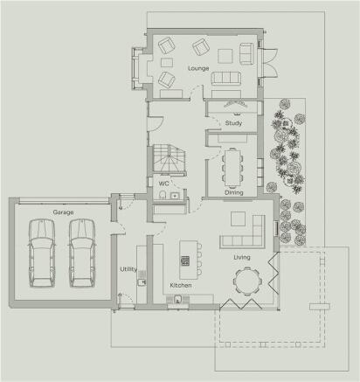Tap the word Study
click(x=233, y=123)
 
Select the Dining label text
click(x=233, y=192)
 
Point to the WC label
click(x=163, y=184)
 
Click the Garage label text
click(x=62, y=212)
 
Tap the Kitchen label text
click(x=181, y=286)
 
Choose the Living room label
click(x=242, y=258)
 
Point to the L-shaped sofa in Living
click(x=246, y=233)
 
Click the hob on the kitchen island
click(x=185, y=260)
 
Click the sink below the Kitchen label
click(x=178, y=301)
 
